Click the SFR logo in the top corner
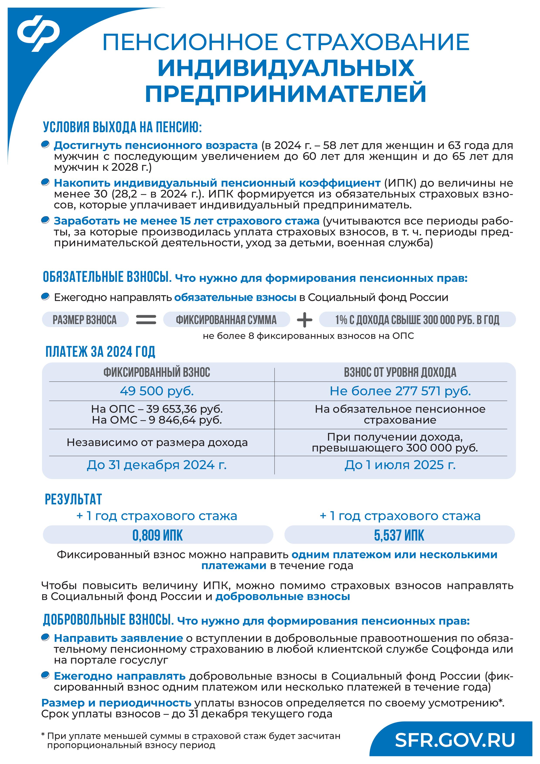tap(39, 33)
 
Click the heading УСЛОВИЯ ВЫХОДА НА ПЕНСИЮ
tap(122, 127)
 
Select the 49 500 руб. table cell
tap(157, 391)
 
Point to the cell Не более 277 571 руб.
tap(400, 391)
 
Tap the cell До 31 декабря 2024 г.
tap(157, 465)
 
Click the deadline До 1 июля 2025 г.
tap(400, 465)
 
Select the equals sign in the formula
tap(146, 320)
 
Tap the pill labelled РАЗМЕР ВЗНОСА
tap(85, 320)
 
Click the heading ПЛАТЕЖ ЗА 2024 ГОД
tap(100, 352)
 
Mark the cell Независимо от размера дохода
tap(157, 443)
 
